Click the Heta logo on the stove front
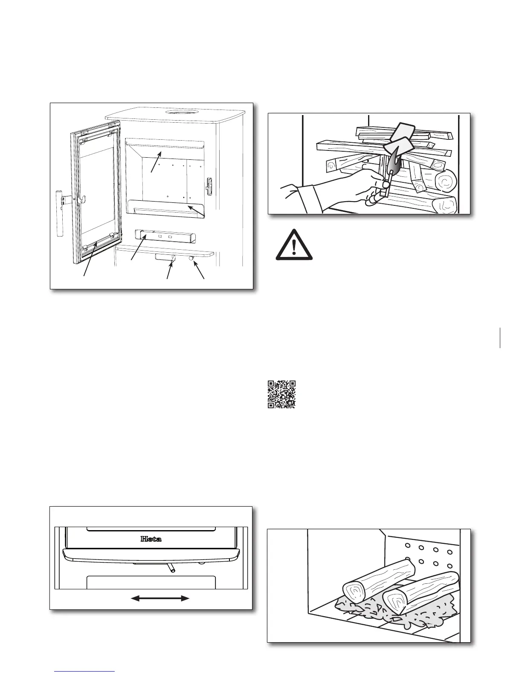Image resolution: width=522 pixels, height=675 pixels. (151, 539)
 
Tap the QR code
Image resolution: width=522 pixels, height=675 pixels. (281, 394)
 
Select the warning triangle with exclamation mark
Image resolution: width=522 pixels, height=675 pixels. (294, 245)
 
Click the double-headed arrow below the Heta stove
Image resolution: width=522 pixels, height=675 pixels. (159, 599)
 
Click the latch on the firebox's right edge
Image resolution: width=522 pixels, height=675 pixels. (209, 184)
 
